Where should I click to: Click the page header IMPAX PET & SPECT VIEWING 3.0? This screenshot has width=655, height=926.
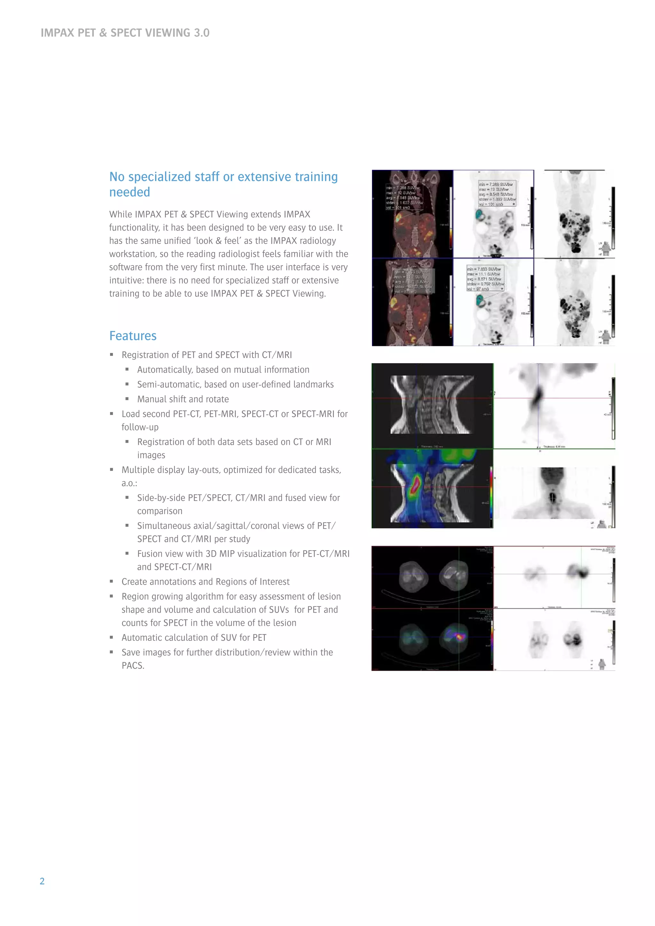(x=125, y=33)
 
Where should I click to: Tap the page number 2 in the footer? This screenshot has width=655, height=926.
(x=42, y=881)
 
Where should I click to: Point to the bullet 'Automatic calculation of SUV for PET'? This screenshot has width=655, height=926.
(x=194, y=637)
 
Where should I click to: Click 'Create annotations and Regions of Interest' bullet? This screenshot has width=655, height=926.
(x=205, y=581)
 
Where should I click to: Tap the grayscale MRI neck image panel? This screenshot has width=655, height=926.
(x=432, y=404)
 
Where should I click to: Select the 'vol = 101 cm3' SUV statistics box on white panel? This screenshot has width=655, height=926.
(x=497, y=193)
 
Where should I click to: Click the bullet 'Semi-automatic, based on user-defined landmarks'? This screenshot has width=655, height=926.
(x=235, y=384)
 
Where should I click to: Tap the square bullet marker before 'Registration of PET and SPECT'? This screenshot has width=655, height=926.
(x=112, y=355)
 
